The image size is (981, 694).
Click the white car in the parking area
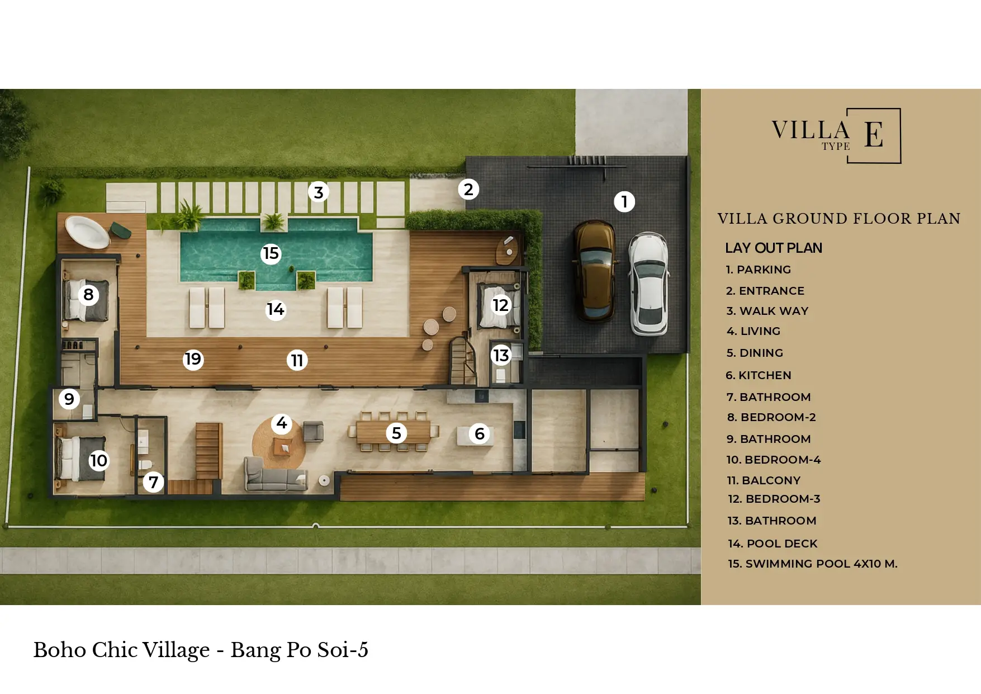(649, 284)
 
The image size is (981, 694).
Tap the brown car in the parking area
(595, 271)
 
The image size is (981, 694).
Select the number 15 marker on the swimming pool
(271, 253)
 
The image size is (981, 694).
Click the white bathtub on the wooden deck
(87, 232)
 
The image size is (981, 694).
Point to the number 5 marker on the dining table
(396, 433)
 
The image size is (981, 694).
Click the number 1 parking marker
(624, 201)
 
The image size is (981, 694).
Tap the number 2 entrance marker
(468, 190)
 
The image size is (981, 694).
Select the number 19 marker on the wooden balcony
(193, 359)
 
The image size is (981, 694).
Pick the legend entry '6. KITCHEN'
(758, 375)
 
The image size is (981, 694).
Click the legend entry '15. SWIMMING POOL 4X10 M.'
(813, 564)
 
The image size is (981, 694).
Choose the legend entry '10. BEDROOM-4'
(773, 460)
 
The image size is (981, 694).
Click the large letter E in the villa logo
(874, 135)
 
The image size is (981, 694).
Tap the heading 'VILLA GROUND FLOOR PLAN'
(839, 218)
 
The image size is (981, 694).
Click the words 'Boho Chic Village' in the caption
(121, 650)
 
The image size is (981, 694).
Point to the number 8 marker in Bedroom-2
(88, 294)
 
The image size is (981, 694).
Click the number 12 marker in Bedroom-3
(500, 305)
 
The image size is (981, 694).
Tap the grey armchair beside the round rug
(313, 431)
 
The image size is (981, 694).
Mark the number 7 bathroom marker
(153, 482)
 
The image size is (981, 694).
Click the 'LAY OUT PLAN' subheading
(774, 248)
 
